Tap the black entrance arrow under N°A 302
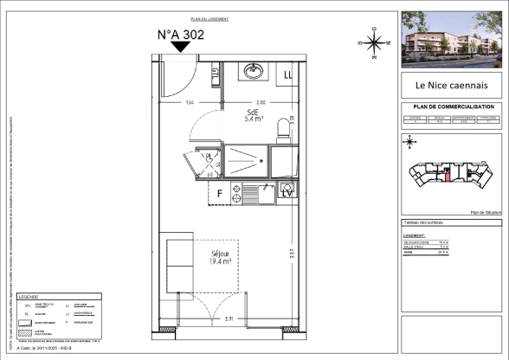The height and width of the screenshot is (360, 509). click(179, 49)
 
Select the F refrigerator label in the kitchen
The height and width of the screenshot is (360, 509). click(221, 193)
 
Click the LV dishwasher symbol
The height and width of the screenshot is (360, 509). click(287, 193)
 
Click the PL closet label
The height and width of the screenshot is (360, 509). click(209, 157)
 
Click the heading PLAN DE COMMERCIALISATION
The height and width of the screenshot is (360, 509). click(451, 107)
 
